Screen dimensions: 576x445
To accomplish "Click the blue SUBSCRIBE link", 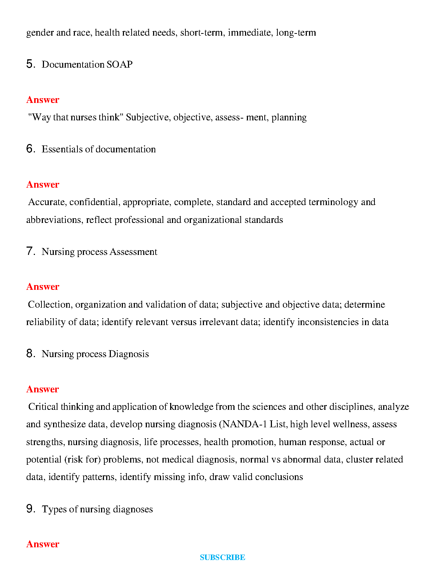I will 222,557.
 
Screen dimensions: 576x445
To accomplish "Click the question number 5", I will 30,64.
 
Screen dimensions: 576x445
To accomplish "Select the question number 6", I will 30,149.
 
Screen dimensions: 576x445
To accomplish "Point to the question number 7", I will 30,252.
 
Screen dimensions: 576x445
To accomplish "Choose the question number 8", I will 30,354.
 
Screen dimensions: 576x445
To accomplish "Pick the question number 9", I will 30,509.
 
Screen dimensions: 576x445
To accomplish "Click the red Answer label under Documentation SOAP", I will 43,100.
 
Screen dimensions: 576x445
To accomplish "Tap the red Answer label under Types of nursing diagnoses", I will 43,544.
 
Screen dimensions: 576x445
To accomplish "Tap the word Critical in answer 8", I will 43,407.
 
